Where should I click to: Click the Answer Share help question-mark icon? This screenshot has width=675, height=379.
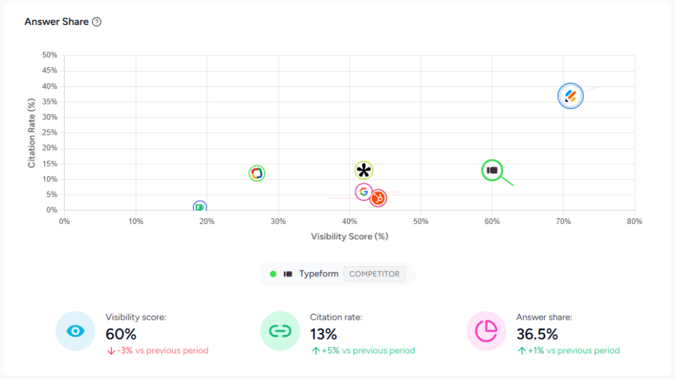[97, 22]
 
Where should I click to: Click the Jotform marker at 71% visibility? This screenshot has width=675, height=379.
[570, 96]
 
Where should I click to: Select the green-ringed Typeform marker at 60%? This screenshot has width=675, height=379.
[492, 170]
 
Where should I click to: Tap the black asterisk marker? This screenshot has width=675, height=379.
[364, 171]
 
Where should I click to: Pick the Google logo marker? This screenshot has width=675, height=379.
[363, 192]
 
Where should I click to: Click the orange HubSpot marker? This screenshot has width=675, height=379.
[378, 198]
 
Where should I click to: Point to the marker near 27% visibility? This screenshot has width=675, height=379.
[257, 173]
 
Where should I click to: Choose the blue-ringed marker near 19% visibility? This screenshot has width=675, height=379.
[200, 208]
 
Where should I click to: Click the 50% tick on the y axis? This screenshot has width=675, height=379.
[50, 55]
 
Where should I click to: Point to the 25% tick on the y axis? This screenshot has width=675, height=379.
[50, 132]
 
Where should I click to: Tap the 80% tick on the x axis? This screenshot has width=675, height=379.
[634, 221]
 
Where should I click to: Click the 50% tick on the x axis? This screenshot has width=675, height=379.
[421, 221]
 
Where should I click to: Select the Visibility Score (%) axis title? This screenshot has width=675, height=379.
[349, 236]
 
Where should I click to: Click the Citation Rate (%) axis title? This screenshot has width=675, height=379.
[32, 132]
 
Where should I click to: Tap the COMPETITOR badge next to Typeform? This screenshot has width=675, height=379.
[374, 274]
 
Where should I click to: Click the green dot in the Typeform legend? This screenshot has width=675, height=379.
[273, 274]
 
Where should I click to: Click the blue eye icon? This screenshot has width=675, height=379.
[76, 330]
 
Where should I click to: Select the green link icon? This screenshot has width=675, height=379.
[280, 330]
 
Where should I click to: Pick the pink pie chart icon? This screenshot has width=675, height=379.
[486, 330]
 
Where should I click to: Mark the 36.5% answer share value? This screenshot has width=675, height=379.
[537, 334]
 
